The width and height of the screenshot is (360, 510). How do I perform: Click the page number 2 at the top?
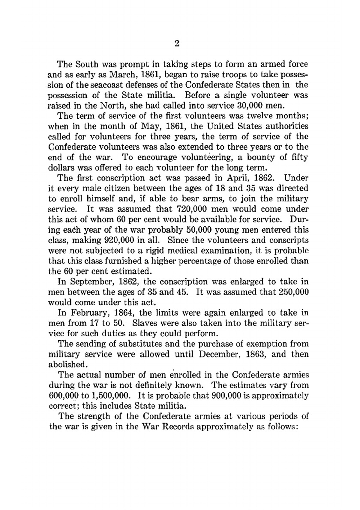point(177,44)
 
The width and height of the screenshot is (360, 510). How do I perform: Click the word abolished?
point(67,364)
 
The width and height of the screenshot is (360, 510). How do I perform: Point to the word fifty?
point(299,158)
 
